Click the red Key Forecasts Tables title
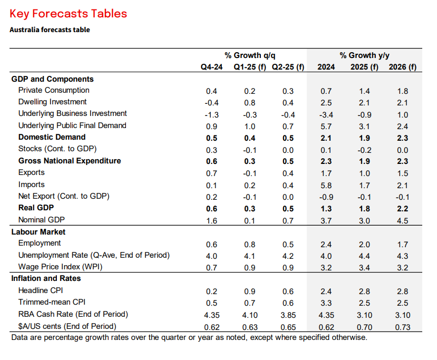tap(69, 14)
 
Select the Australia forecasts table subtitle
tap(50, 30)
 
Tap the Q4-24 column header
tap(211, 67)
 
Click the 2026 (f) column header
tap(402, 67)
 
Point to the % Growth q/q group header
tap(250, 55)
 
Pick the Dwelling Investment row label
tap(52, 102)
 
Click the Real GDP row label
tap(36, 208)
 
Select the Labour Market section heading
tap(38, 232)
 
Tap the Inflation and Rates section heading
tap(46, 278)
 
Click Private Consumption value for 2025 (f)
tap(364, 91)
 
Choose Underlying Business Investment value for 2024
tap(326, 115)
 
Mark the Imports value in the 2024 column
tap(326, 186)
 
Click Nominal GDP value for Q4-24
tap(211, 221)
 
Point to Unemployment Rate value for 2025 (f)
tap(364, 256)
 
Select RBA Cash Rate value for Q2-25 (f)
tap(288, 315)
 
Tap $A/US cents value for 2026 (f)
tap(403, 327)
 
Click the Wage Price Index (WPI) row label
tap(60, 267)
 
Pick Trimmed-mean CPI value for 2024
tap(326, 303)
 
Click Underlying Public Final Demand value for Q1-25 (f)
tap(250, 127)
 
